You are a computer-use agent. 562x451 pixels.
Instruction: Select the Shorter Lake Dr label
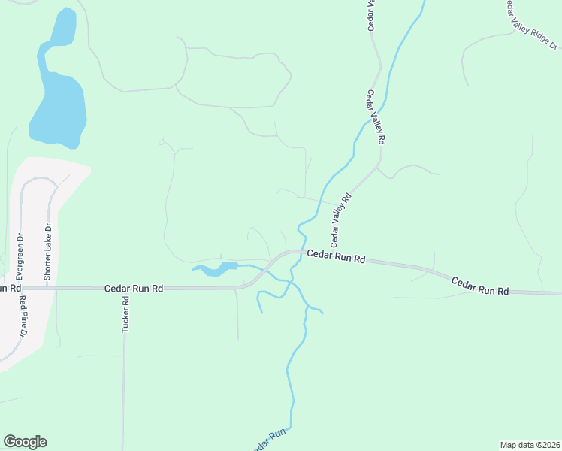pyautogui.click(x=47, y=253)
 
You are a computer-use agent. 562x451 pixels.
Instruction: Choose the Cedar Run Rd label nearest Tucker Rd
pyautogui.click(x=134, y=288)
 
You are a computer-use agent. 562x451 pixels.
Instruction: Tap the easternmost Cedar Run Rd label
pyautogui.click(x=480, y=286)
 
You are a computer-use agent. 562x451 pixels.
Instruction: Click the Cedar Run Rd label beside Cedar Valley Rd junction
pyautogui.click(x=336, y=258)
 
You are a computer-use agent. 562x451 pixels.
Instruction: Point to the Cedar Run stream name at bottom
pyautogui.click(x=270, y=440)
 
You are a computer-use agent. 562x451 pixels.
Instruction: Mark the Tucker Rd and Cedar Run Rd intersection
pyautogui.click(x=123, y=288)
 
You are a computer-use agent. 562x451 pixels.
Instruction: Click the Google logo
pyautogui.click(x=25, y=442)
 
